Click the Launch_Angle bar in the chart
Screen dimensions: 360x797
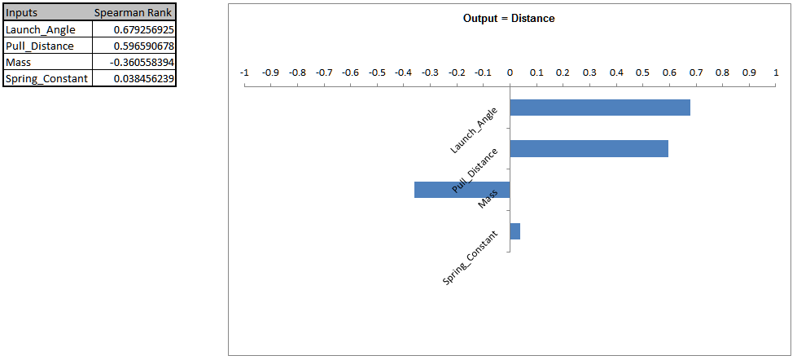point(600,108)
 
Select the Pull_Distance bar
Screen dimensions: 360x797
point(589,148)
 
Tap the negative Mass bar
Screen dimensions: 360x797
point(462,190)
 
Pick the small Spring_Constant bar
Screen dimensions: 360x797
point(515,231)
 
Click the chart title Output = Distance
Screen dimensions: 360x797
point(509,18)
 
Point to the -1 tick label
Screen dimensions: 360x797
point(244,72)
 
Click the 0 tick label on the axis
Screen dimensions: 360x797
point(510,72)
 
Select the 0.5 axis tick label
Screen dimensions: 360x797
point(642,72)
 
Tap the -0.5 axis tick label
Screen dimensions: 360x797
point(377,72)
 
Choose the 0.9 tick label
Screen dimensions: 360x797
point(749,72)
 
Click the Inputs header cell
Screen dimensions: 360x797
point(23,13)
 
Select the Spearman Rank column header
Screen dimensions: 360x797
point(133,13)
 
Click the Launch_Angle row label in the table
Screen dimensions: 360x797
point(40,29)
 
